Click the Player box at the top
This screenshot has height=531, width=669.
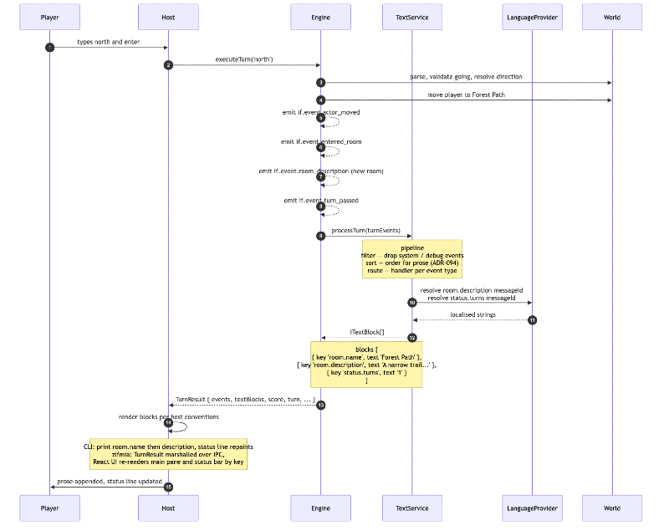pyautogui.click(x=49, y=17)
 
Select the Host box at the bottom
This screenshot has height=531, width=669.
pyautogui.click(x=168, y=508)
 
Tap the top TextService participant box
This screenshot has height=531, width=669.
pyautogui.click(x=411, y=17)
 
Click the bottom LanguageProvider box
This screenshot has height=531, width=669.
pyautogui.click(x=532, y=508)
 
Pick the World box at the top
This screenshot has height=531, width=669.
pyautogui.click(x=612, y=17)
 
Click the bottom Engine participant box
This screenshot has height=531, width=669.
pyautogui.click(x=320, y=508)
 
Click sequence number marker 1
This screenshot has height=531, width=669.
pyautogui.click(x=49, y=47)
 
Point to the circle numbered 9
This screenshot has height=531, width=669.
pyautogui.click(x=320, y=236)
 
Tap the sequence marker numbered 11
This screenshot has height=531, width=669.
pyautogui.click(x=532, y=320)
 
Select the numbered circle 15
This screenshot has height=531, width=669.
pyautogui.click(x=168, y=487)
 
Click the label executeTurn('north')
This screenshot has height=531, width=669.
pyautogui.click(x=243, y=59)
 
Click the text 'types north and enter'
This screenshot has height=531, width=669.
pyautogui.click(x=109, y=41)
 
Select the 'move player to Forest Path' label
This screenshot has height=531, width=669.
pyautogui.click(x=466, y=94)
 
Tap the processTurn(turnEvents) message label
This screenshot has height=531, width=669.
pyautogui.click(x=365, y=230)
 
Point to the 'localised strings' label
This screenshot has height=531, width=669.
pyautogui.click(x=472, y=314)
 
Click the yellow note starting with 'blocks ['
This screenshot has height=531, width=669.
pyautogui.click(x=366, y=364)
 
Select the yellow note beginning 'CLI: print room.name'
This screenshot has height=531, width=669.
pyautogui.click(x=168, y=454)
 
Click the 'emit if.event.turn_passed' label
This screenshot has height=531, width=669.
pyautogui.click(x=322, y=200)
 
